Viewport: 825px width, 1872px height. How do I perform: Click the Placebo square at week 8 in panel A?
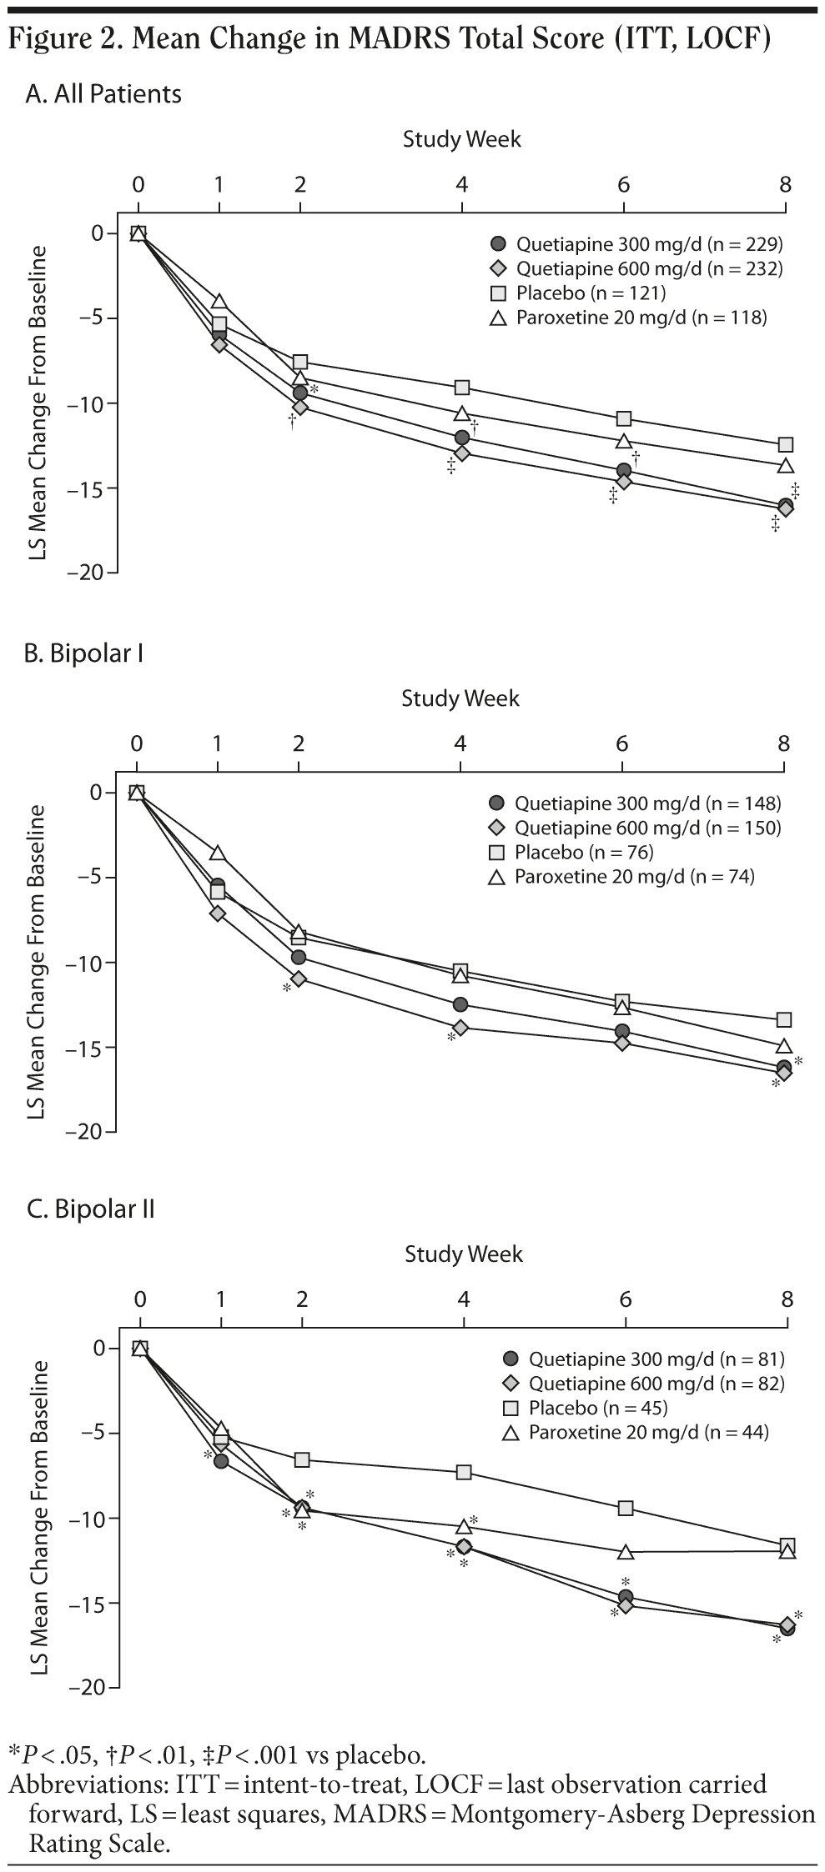[785, 444]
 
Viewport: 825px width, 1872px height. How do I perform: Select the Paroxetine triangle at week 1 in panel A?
[219, 301]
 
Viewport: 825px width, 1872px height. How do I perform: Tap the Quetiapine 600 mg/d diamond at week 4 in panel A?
[462, 453]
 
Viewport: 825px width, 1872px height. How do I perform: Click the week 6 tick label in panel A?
[623, 184]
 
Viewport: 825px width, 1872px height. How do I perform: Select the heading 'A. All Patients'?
[103, 93]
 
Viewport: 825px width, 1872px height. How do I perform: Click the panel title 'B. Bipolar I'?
[84, 653]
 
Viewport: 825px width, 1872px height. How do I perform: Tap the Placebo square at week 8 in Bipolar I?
[783, 1019]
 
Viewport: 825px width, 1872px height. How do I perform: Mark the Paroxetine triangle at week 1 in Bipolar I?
[218, 853]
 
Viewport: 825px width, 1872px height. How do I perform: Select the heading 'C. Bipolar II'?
[91, 1209]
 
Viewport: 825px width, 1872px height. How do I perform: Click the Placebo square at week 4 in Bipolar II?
[464, 1472]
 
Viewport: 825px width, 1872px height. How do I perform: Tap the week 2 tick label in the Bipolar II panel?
[302, 1299]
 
